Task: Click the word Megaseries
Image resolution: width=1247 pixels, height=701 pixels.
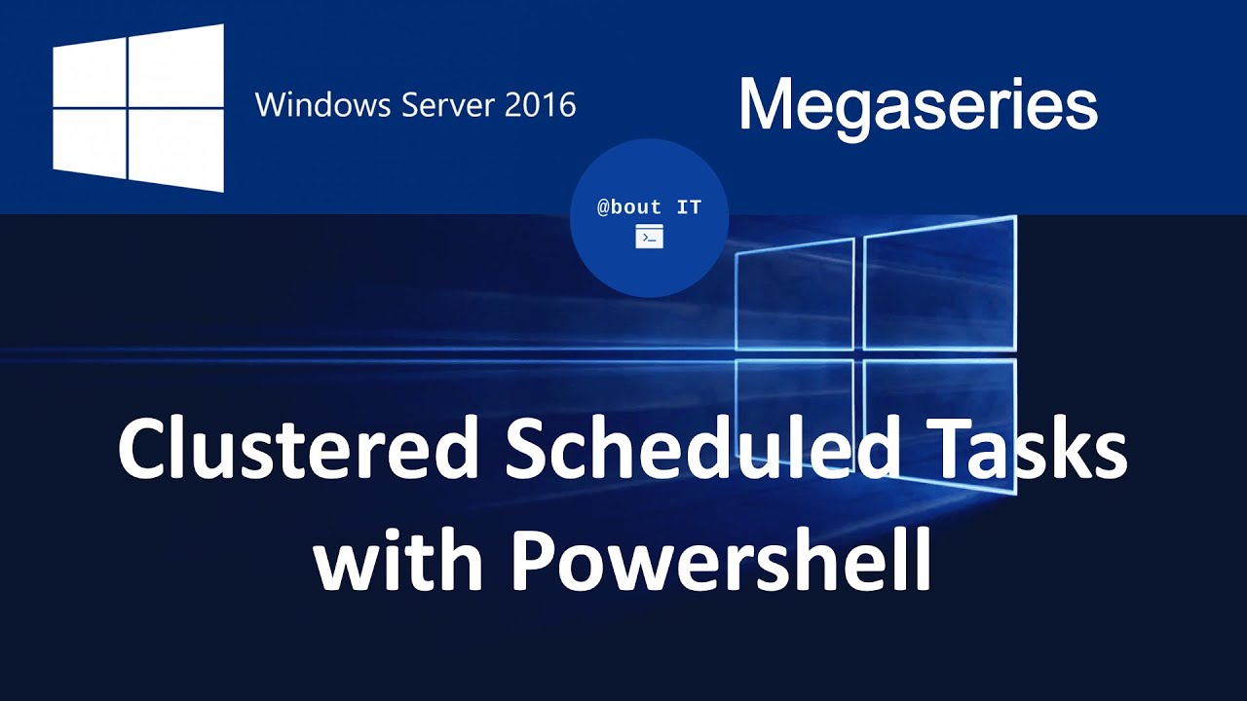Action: point(918,105)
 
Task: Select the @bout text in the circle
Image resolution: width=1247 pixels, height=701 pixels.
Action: point(629,207)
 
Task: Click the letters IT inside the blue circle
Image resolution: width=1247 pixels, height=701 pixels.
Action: point(688,207)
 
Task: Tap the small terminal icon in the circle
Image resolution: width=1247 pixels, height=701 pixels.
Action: point(649,237)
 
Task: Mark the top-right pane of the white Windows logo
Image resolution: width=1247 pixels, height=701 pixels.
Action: point(176,62)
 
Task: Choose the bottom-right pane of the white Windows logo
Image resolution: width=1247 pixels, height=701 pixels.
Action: point(176,150)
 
